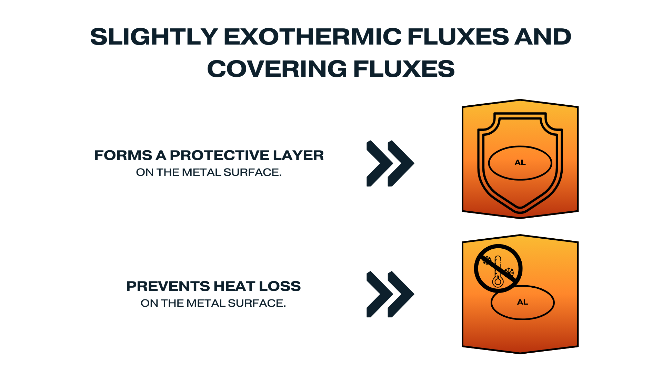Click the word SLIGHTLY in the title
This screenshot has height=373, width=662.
point(154,37)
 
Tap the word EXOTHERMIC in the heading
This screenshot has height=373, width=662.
point(313,37)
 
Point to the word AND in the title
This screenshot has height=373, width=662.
point(543,37)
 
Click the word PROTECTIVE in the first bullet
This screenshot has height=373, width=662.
point(220,155)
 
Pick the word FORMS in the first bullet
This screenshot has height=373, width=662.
point(123,155)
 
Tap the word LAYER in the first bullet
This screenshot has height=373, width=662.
point(299,155)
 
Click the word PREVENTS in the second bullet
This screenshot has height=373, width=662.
point(168,286)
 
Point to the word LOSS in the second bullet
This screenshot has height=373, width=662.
point(280,286)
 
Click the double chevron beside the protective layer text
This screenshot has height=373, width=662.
point(390,163)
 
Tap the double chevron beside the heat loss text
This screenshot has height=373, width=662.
point(390,294)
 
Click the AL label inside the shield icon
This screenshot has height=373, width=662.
point(520,163)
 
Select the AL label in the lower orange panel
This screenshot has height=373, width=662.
point(523,302)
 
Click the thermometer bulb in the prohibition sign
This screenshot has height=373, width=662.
point(498,281)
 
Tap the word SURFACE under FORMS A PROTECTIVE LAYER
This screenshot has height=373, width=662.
point(252,172)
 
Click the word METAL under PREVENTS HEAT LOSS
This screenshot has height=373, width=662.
point(206,303)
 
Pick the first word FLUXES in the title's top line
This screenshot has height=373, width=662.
point(458,37)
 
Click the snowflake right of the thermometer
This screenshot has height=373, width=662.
point(509,271)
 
